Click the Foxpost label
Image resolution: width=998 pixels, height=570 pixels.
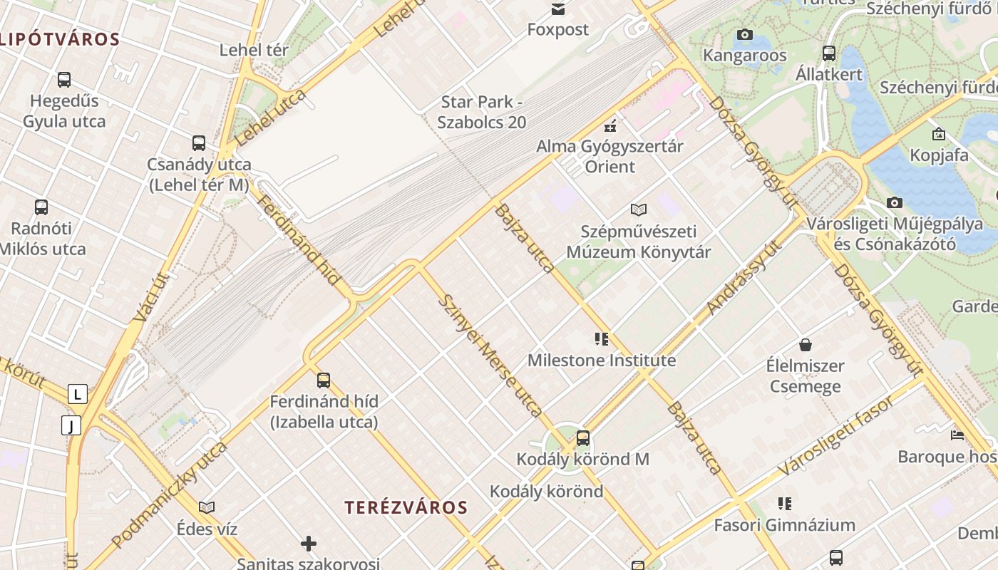(558, 30)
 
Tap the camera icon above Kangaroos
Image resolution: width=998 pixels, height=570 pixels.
(744, 34)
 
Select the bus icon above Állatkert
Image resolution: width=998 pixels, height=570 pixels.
(828, 53)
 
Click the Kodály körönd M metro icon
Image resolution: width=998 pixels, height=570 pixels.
(583, 437)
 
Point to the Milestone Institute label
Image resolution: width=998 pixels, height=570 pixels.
(602, 361)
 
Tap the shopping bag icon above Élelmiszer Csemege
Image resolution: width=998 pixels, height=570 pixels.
(805, 345)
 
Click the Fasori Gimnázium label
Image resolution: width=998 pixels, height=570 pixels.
(784, 526)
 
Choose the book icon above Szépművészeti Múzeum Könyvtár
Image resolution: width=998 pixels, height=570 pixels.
(639, 209)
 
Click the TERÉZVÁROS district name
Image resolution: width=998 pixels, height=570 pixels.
(406, 508)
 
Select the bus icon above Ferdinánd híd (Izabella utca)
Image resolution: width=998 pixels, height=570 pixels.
(324, 380)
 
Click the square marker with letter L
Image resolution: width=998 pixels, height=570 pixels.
(77, 394)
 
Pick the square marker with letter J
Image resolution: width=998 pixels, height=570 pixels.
(71, 426)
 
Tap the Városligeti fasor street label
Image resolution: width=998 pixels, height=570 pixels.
(835, 436)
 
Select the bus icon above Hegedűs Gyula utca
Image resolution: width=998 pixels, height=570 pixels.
(64, 79)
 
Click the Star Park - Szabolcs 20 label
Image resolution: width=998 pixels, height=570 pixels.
(482, 113)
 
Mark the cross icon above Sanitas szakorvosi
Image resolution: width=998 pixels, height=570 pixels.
(309, 544)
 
